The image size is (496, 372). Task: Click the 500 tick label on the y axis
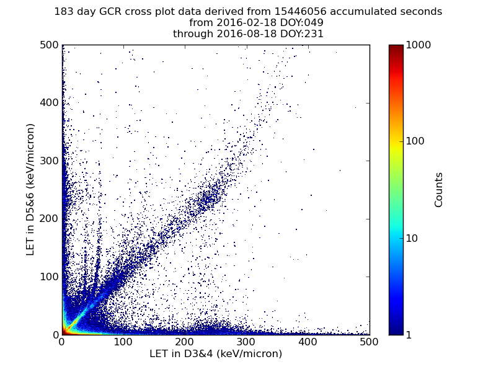click(x=50, y=45)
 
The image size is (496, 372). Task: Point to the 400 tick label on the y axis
click(x=50, y=103)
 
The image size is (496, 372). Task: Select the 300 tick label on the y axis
click(x=50, y=161)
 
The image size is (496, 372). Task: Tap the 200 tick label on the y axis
click(x=50, y=219)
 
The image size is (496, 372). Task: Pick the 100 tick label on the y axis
click(x=50, y=277)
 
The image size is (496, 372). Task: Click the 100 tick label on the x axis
click(x=123, y=342)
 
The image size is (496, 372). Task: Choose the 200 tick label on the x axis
click(x=184, y=342)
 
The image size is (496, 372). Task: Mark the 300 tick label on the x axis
click(x=246, y=342)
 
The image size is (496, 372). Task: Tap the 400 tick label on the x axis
click(x=308, y=342)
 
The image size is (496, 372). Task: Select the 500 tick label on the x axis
click(x=369, y=342)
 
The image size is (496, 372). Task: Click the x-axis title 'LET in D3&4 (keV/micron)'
click(x=216, y=353)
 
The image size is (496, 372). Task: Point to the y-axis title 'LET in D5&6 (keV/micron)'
click(x=30, y=190)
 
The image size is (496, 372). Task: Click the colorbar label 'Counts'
click(x=438, y=190)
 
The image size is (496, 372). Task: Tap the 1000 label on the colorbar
click(x=418, y=45)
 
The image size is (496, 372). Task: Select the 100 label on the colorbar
click(x=415, y=141)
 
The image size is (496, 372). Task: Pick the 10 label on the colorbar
click(x=412, y=238)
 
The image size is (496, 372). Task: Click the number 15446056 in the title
click(x=300, y=11)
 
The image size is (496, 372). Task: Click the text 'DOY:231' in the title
click(x=304, y=33)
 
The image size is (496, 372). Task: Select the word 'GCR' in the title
click(x=110, y=11)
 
